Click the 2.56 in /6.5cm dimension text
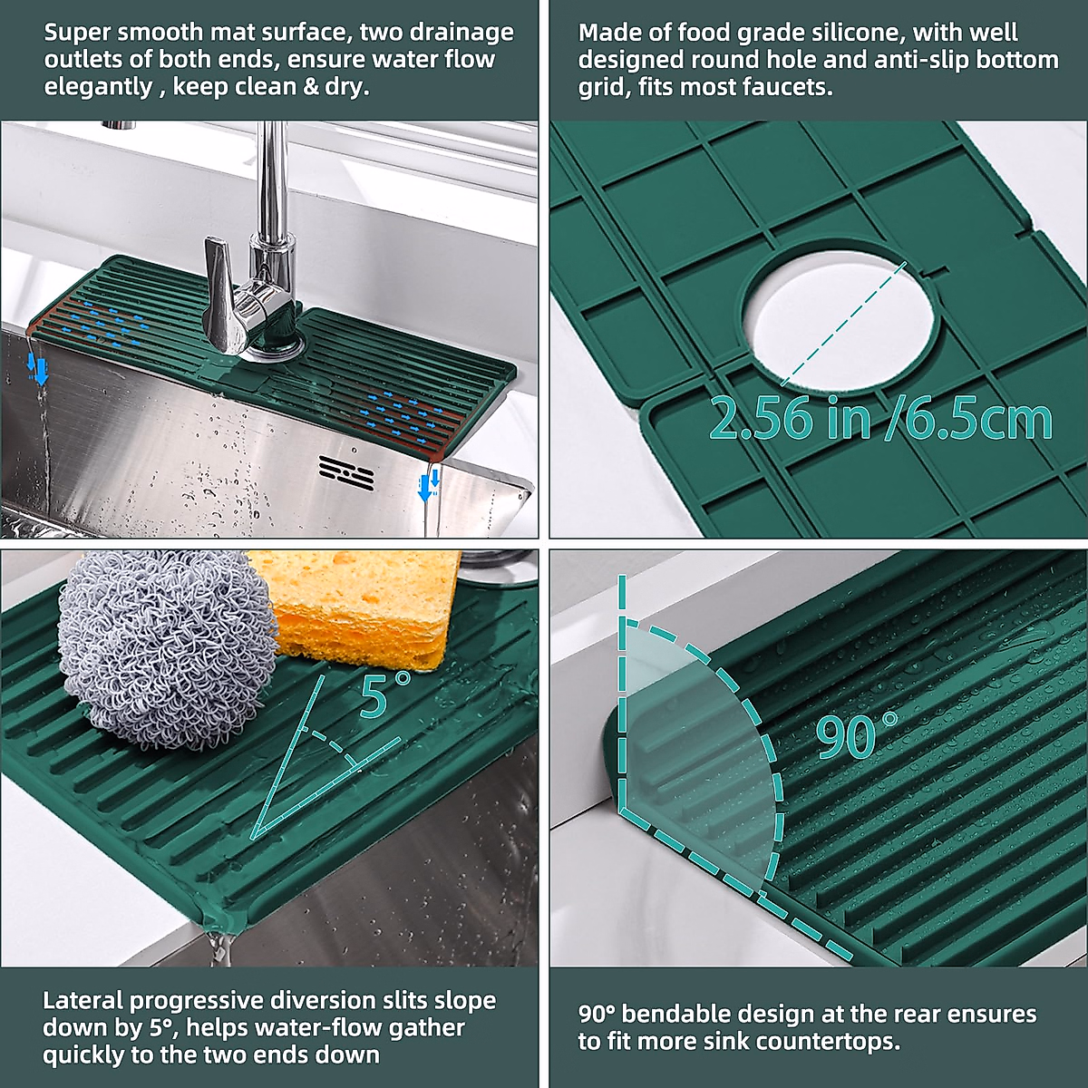879,419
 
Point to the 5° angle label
384,693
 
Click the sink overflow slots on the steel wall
346,472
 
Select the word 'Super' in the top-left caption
81,33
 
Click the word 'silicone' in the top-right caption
849,34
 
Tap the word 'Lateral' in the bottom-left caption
83,1001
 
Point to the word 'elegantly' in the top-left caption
99,87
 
